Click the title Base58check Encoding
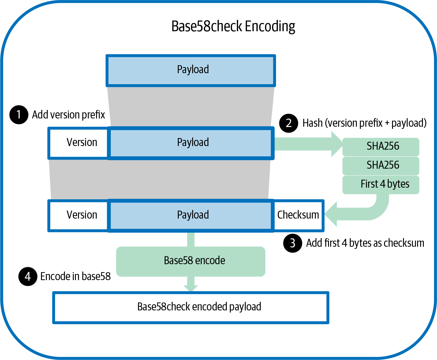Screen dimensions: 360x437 [233, 26]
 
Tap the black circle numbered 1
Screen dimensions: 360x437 [19, 115]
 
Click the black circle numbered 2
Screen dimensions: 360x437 [289, 123]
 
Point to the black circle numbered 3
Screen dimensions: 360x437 [293, 243]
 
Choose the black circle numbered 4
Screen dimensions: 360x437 [28, 276]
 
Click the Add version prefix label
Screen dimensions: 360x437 [69, 115]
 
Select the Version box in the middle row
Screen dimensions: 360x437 [79, 143]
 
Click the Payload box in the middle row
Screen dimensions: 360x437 [191, 143]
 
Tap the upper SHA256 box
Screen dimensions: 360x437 [381, 147]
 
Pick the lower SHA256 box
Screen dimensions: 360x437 [381, 166]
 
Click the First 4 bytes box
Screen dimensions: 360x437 [381, 184]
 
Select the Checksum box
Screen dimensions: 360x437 [298, 215]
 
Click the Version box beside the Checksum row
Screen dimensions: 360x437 [79, 215]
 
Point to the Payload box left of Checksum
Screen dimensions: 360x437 [191, 215]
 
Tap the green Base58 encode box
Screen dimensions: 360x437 [191, 261]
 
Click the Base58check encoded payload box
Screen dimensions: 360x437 [191, 307]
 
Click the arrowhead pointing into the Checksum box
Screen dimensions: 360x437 [332, 214]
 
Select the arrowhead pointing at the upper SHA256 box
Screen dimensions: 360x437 [337, 144]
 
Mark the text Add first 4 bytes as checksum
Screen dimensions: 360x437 [365, 243]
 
